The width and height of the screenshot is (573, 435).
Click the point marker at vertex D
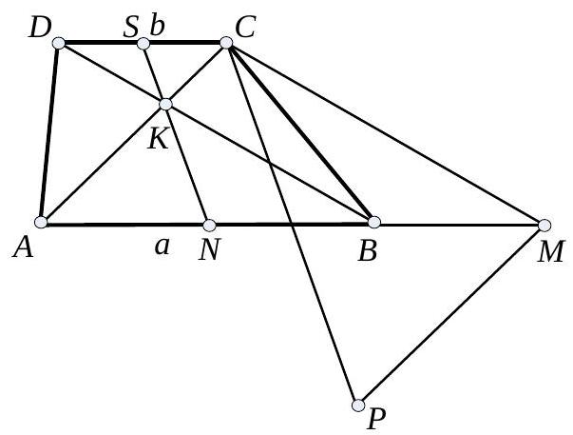tap(58, 44)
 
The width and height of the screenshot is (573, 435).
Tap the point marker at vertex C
tap(226, 43)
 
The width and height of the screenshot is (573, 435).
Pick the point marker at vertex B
tap(374, 222)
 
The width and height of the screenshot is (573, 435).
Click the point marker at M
tap(544, 226)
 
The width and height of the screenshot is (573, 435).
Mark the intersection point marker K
tap(165, 104)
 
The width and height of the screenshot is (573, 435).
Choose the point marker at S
tap(143, 44)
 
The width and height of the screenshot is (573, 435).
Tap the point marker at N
tap(207, 225)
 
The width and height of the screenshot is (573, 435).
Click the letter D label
tap(41, 28)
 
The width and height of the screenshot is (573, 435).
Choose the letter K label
tap(158, 138)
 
